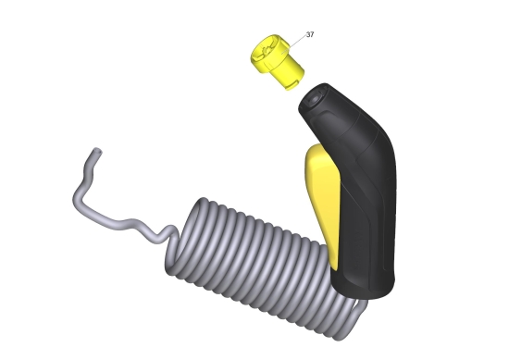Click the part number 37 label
(310, 34)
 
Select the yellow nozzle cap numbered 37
(278, 62)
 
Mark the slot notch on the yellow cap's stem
(292, 85)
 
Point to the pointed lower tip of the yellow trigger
(334, 268)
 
